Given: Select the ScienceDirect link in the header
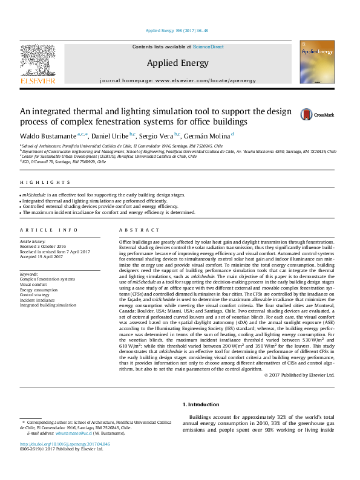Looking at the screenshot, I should pyautogui.click(x=208, y=47).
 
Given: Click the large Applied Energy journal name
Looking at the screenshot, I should pyautogui.click(x=177, y=63).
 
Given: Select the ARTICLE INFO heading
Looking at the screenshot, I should pyautogui.click(x=49, y=230).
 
